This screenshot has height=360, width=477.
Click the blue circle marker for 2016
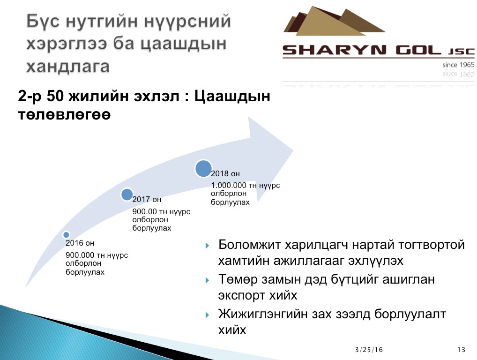(66, 235)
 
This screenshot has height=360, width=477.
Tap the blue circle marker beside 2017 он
(127, 195)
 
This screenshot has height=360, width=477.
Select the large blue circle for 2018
(203, 169)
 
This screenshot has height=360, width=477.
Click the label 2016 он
(80, 243)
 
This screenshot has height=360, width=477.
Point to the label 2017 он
(147, 200)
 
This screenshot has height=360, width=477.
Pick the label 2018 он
(225, 174)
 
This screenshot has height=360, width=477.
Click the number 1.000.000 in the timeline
(229, 185)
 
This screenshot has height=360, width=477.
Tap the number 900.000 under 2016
(80, 255)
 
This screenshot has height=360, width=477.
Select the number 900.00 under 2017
(144, 211)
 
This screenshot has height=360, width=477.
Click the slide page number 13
(462, 350)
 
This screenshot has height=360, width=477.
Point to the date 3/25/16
(369, 350)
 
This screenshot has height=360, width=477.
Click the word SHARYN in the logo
(335, 50)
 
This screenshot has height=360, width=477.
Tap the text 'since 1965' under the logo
(458, 65)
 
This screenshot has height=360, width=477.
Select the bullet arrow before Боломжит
(207, 246)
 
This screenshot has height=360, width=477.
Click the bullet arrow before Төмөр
(207, 280)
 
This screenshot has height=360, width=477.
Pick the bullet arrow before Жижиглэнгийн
(207, 315)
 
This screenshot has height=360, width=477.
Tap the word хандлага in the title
(68, 67)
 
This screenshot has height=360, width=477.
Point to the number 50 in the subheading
(55, 96)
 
